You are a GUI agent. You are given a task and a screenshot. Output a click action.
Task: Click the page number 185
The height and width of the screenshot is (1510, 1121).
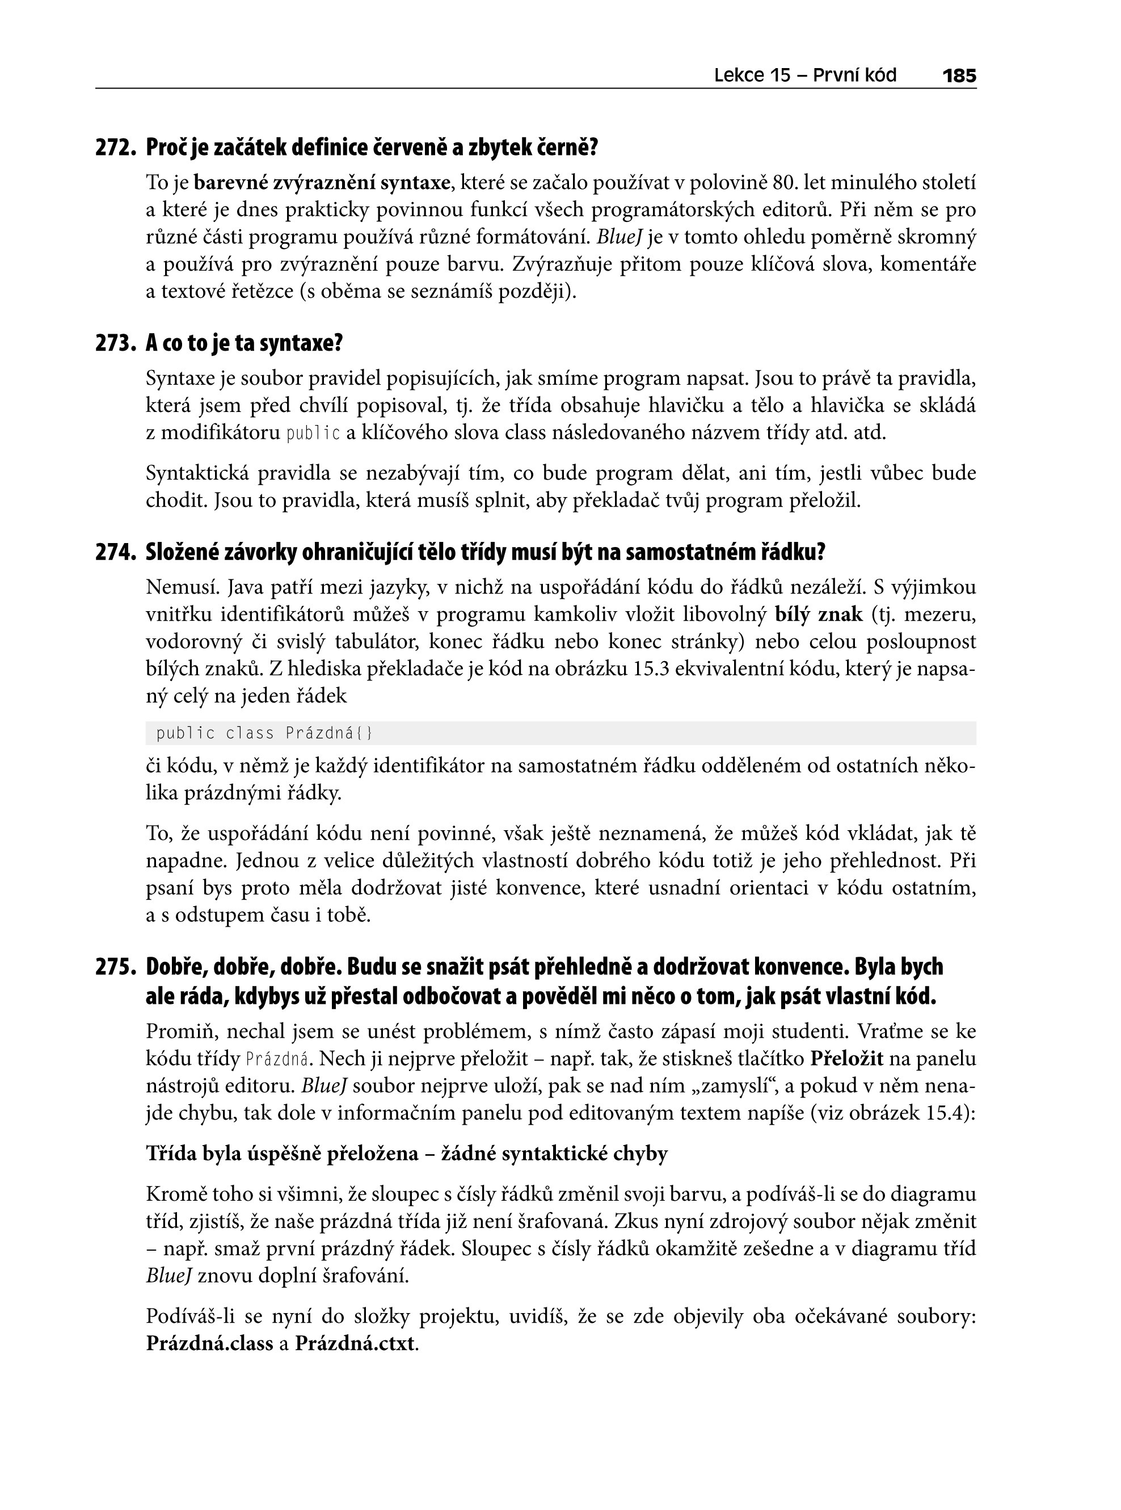(959, 75)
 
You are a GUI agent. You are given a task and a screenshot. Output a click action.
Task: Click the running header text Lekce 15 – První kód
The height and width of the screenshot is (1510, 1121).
(805, 75)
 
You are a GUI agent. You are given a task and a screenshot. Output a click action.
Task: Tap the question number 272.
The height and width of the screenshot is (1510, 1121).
(116, 148)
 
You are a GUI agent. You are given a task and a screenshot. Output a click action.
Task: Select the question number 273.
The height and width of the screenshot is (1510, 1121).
(116, 343)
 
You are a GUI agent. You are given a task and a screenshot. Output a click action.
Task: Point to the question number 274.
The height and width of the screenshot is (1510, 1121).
(116, 553)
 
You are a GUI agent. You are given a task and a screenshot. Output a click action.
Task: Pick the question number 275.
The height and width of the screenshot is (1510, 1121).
(116, 966)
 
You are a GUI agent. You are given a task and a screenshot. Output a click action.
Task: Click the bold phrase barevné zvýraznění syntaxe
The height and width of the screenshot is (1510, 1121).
(322, 183)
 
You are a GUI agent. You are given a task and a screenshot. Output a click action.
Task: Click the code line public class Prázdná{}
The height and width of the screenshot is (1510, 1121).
(264, 734)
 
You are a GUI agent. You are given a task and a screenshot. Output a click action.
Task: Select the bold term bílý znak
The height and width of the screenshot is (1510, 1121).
(819, 614)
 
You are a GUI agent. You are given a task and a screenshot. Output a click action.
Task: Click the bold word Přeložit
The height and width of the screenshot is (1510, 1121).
(847, 1059)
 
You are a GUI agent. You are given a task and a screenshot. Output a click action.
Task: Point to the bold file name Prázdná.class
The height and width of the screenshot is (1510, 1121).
(209, 1344)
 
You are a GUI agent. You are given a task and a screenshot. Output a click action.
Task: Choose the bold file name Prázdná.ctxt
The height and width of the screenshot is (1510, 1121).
(354, 1344)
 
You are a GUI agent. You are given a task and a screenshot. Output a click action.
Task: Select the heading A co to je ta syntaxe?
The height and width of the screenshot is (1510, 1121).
(245, 343)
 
